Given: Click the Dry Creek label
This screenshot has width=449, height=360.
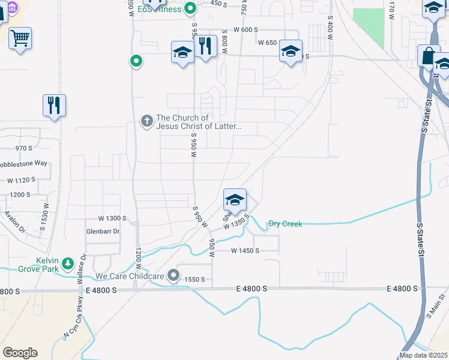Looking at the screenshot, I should tap(285, 224).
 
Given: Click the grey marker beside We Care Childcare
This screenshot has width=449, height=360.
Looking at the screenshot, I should tap(174, 275).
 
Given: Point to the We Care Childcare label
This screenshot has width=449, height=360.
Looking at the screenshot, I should tap(130, 277).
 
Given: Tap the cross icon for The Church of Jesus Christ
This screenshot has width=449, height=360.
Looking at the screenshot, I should tap(146, 121).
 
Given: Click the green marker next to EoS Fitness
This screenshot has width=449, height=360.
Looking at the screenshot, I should tap(190, 8).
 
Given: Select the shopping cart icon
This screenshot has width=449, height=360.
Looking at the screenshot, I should tap(20, 38).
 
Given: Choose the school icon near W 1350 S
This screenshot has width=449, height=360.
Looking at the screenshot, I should tap(235, 200).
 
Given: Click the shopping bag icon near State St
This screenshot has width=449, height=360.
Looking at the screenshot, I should tap(429, 56).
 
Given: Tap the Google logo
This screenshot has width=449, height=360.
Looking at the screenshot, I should tap(20, 352).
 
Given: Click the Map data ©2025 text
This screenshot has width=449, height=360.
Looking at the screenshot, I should tap(424, 355).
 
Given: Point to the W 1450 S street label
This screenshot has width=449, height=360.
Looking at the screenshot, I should tap(245, 251).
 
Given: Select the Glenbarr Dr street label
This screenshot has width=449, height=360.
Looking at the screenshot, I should tap(103, 231).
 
